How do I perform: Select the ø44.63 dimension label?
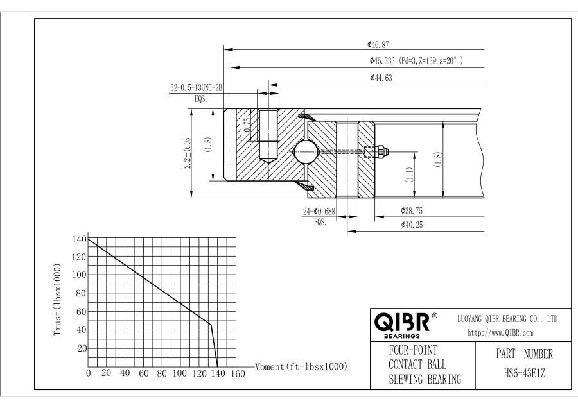coord(381,78)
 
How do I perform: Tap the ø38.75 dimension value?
coord(412,210)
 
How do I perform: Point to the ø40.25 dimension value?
coord(412,225)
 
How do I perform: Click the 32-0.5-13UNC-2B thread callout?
coord(197,89)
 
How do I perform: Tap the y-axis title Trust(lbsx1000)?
coord(59,298)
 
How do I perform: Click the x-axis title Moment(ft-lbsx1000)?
coord(301,366)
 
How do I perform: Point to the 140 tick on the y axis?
coord(78,239)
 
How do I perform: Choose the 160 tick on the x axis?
coord(237,374)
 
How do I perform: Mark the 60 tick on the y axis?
coord(81,312)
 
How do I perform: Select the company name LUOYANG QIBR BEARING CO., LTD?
coord(507,318)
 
